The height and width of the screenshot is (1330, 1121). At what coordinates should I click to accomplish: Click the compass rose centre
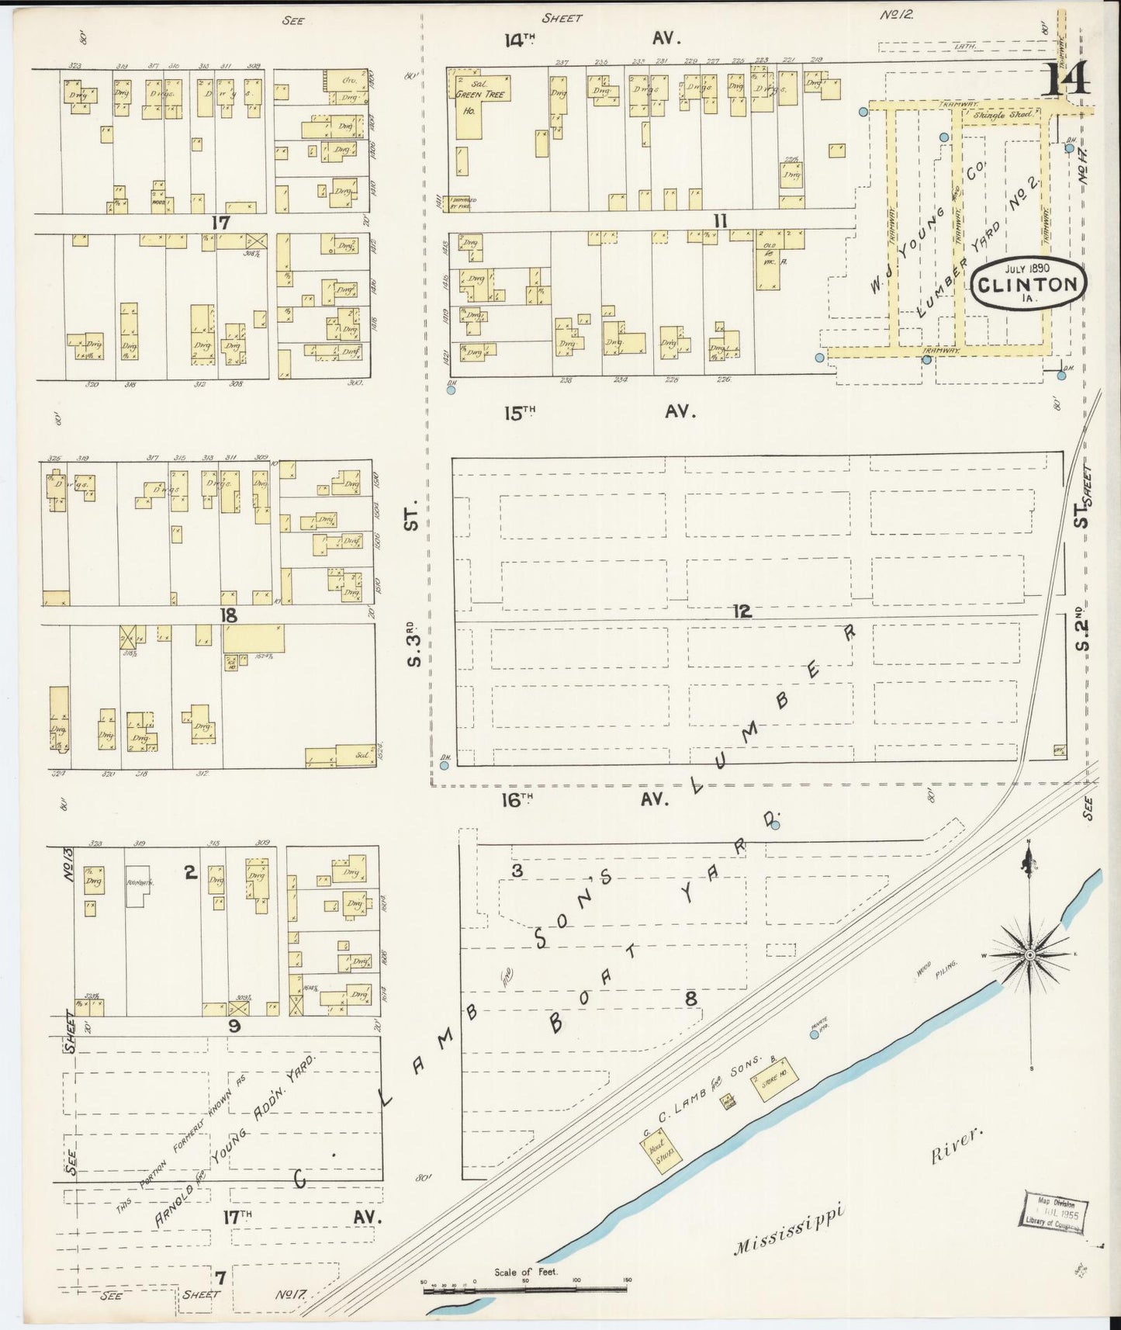[1029, 954]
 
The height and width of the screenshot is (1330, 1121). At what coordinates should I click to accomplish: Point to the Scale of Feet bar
[525, 1290]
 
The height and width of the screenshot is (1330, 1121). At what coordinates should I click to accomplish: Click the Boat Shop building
[662, 1150]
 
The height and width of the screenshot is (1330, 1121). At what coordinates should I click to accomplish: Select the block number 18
[228, 615]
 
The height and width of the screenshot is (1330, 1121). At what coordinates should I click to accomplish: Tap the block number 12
[742, 612]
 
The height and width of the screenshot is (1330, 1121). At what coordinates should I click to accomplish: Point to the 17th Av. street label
[303, 1217]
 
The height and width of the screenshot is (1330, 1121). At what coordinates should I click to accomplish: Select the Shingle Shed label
[1003, 115]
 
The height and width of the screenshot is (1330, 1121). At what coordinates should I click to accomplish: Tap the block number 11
[721, 222]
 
